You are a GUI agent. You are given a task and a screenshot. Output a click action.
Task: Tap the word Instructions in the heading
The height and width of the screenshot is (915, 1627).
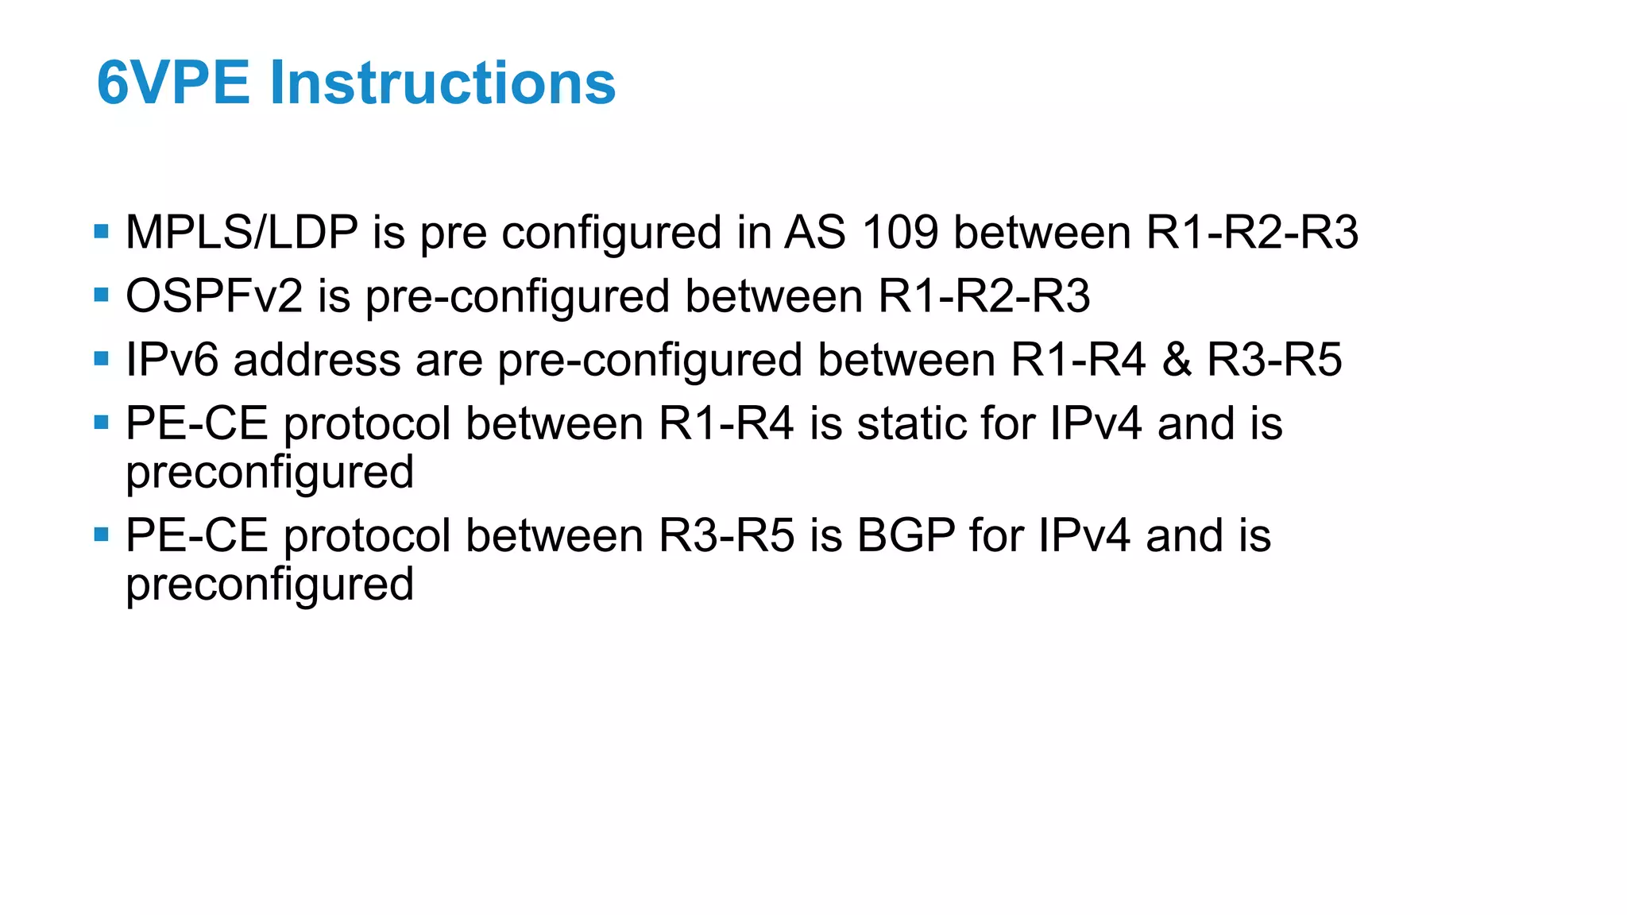pos(442,83)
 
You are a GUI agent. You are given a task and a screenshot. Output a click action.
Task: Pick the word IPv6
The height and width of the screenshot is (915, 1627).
pos(172,360)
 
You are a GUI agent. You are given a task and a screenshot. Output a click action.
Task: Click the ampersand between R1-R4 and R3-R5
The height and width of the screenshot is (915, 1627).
pos(1176,360)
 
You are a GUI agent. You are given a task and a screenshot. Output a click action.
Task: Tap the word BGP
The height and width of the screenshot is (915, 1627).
pos(906,535)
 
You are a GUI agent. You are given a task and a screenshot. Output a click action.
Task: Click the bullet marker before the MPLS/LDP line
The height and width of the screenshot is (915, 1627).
pos(101,232)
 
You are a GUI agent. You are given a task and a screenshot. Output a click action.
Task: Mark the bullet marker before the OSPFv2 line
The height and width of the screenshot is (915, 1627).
pos(101,295)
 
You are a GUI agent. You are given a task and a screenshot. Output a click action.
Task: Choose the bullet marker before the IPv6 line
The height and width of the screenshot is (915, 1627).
pos(101,359)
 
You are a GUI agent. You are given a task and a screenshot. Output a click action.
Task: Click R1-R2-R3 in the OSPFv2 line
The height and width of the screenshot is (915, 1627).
pos(984,296)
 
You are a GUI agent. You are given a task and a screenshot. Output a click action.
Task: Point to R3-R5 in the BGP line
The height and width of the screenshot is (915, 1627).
pos(726,535)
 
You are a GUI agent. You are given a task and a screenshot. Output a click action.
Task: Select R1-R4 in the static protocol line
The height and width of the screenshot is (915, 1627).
pos(726,423)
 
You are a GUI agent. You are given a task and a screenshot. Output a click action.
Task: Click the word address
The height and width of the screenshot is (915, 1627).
pos(317,360)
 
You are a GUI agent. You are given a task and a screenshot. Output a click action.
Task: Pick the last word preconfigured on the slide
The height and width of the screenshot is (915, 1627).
pos(270,585)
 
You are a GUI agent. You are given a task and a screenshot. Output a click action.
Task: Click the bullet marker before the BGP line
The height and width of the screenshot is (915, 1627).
pos(101,535)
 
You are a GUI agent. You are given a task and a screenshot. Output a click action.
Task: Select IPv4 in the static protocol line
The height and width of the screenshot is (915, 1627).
pos(1096,423)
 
